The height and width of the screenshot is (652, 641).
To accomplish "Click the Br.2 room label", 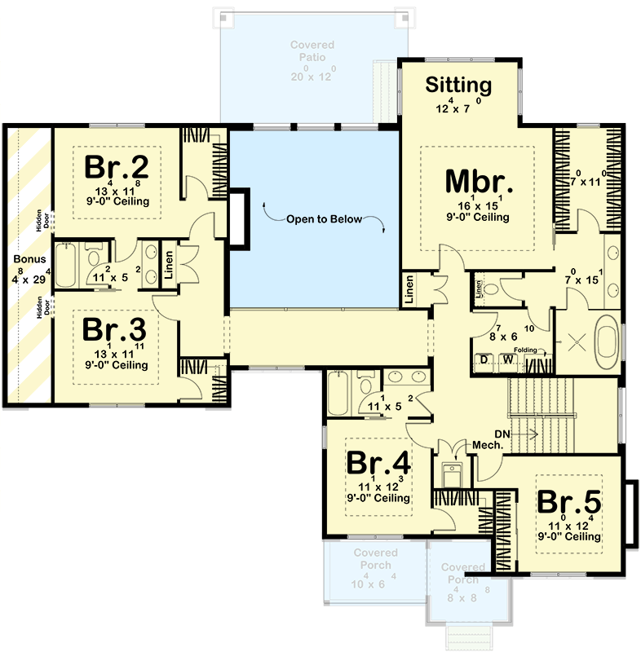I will click(117, 168).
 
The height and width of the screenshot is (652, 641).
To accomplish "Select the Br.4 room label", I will click(378, 463).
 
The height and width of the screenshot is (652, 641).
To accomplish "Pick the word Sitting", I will click(460, 85).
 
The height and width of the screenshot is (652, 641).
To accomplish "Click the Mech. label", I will click(487, 445).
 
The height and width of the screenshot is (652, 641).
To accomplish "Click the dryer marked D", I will click(484, 359).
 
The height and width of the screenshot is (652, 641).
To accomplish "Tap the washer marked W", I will click(507, 359).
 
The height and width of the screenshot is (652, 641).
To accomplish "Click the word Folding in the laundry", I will click(526, 350).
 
